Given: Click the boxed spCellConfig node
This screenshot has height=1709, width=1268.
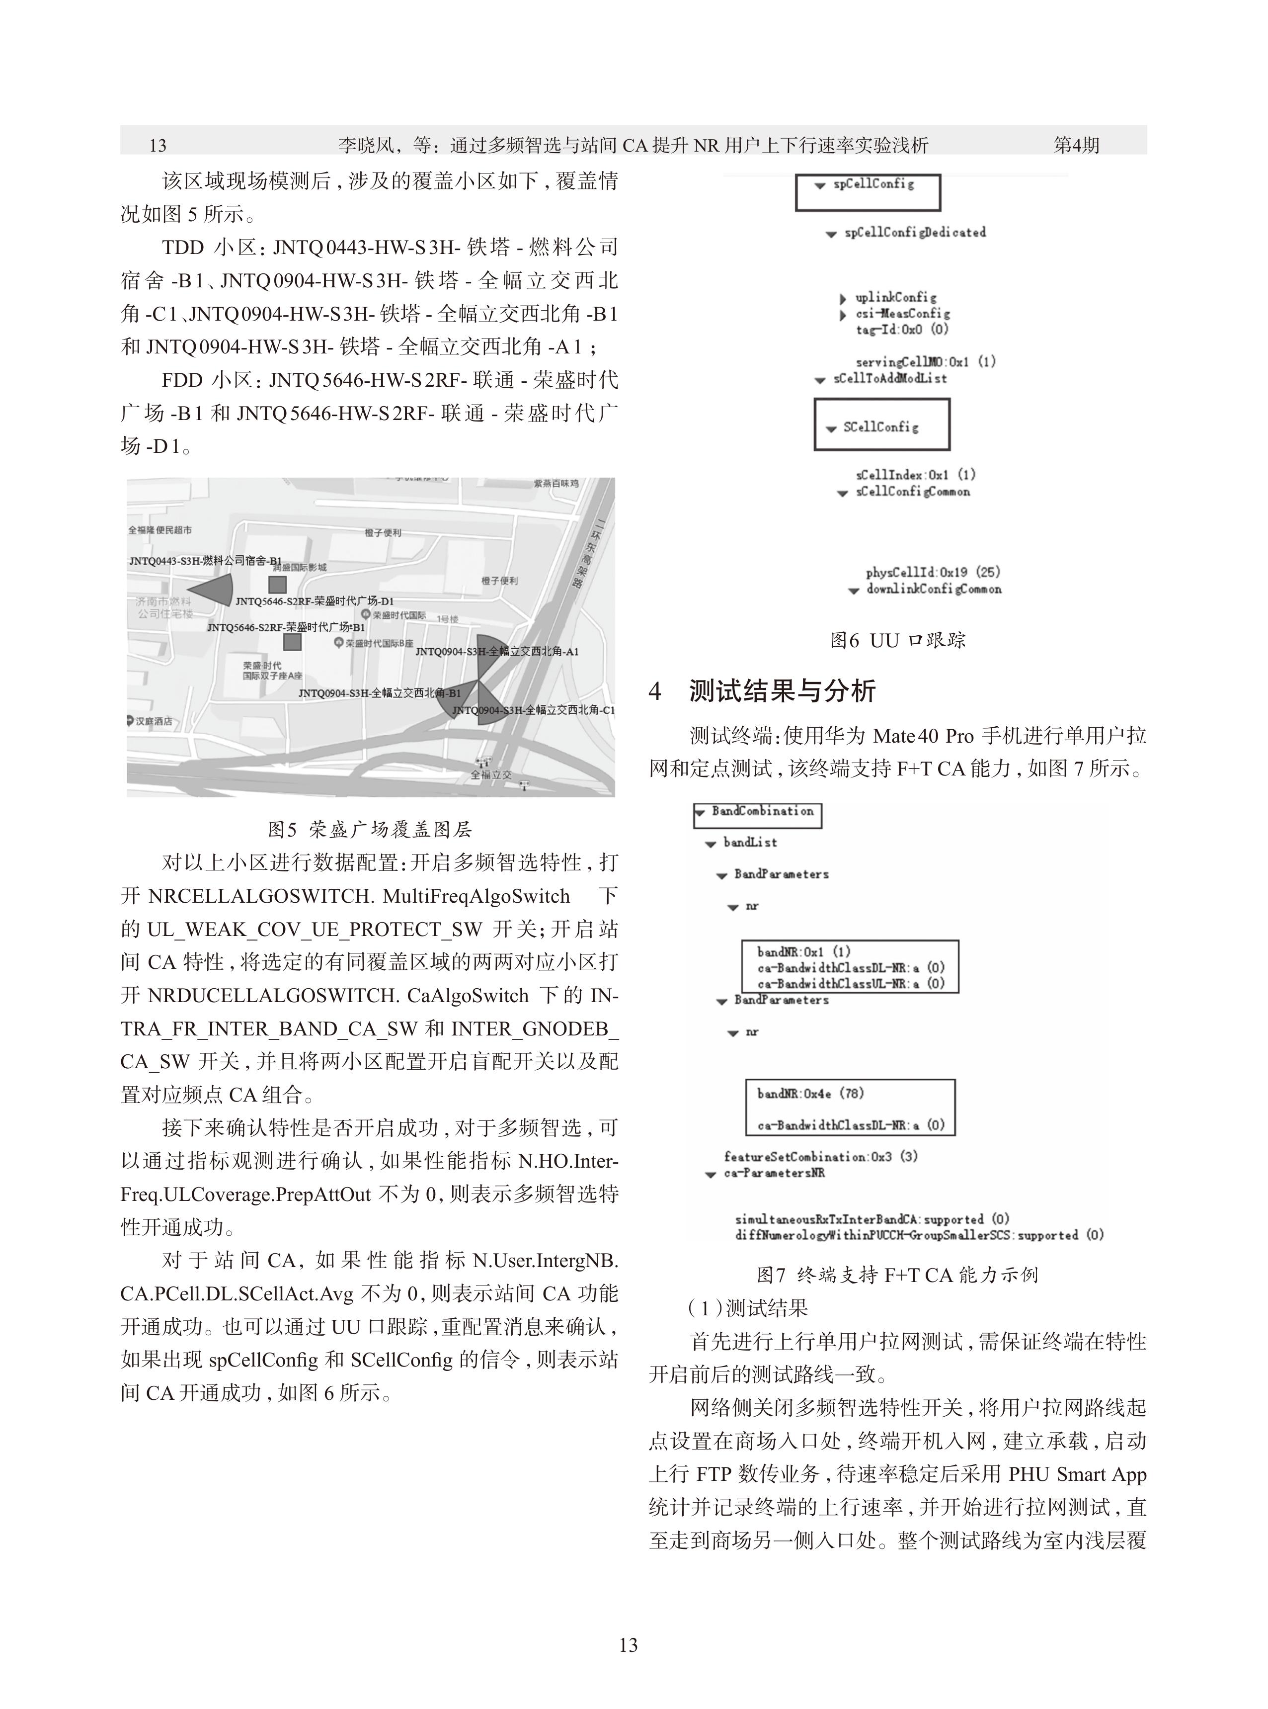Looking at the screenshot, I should [x=868, y=192].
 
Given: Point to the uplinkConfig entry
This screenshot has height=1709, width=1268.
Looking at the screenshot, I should [x=895, y=297].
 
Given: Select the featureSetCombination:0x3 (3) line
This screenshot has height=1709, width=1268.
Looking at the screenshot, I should [x=820, y=1156].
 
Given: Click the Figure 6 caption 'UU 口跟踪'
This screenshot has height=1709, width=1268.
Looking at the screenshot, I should [x=898, y=640].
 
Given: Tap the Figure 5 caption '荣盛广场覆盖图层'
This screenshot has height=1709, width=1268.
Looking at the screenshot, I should [x=370, y=829].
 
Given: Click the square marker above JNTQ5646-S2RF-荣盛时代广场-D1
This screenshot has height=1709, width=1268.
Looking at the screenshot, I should [x=277, y=585].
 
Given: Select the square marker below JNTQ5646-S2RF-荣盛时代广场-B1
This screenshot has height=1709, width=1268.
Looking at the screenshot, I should [x=292, y=642].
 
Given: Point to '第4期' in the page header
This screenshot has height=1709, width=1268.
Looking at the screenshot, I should [x=1076, y=144].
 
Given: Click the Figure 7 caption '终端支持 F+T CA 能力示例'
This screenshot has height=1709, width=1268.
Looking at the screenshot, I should [x=897, y=1275].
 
